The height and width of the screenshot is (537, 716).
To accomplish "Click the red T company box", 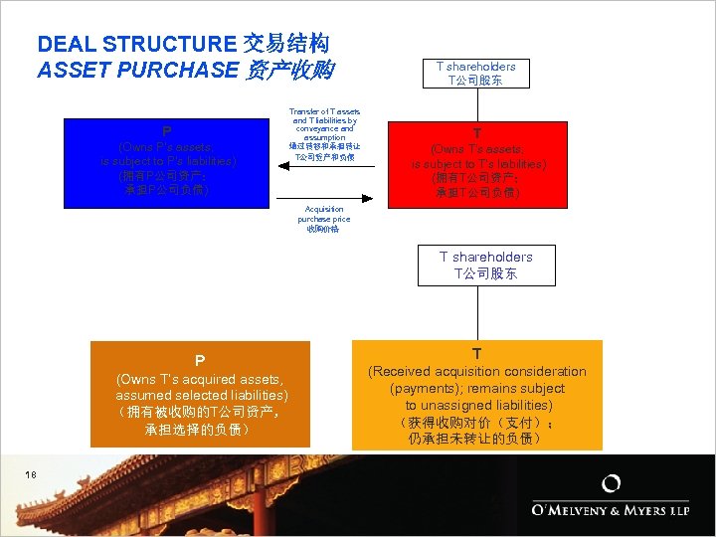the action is pos(477,164).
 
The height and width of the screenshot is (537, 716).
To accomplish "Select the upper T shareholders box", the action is pos(476,73).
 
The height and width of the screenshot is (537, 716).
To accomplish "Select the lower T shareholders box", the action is pos(485,265).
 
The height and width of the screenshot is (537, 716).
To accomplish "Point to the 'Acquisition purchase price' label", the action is pos(323,219).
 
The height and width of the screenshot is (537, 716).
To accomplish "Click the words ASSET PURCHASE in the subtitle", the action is pos(137,71).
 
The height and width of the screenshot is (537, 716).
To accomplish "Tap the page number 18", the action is pos(32,475).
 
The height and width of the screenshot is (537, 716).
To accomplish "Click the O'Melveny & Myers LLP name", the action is pos(609,510).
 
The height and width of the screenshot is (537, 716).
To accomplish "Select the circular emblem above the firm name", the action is pos(613,484).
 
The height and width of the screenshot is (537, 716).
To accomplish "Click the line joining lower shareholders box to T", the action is pos(477,312).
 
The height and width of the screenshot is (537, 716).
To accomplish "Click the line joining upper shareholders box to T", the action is pos(477,103).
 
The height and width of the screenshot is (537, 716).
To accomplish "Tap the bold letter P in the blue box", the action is pos(167,131).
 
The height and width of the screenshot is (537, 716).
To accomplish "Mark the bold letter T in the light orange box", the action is pos(477,354).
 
